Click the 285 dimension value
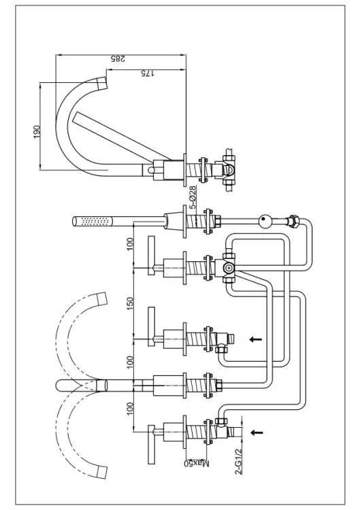(x=118, y=58)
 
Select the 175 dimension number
(x=148, y=73)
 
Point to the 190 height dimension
(x=37, y=132)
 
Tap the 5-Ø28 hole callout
(x=193, y=197)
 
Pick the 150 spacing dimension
(x=130, y=303)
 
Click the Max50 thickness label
(x=197, y=463)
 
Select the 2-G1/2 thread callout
(x=239, y=461)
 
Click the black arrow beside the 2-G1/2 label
(x=257, y=432)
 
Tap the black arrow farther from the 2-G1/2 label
(x=256, y=339)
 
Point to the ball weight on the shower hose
(x=264, y=221)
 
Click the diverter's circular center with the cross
(x=229, y=268)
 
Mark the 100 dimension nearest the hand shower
(x=130, y=244)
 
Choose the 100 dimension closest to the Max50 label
(x=130, y=408)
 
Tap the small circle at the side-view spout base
(x=150, y=169)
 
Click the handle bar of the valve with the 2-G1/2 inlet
(x=151, y=444)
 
